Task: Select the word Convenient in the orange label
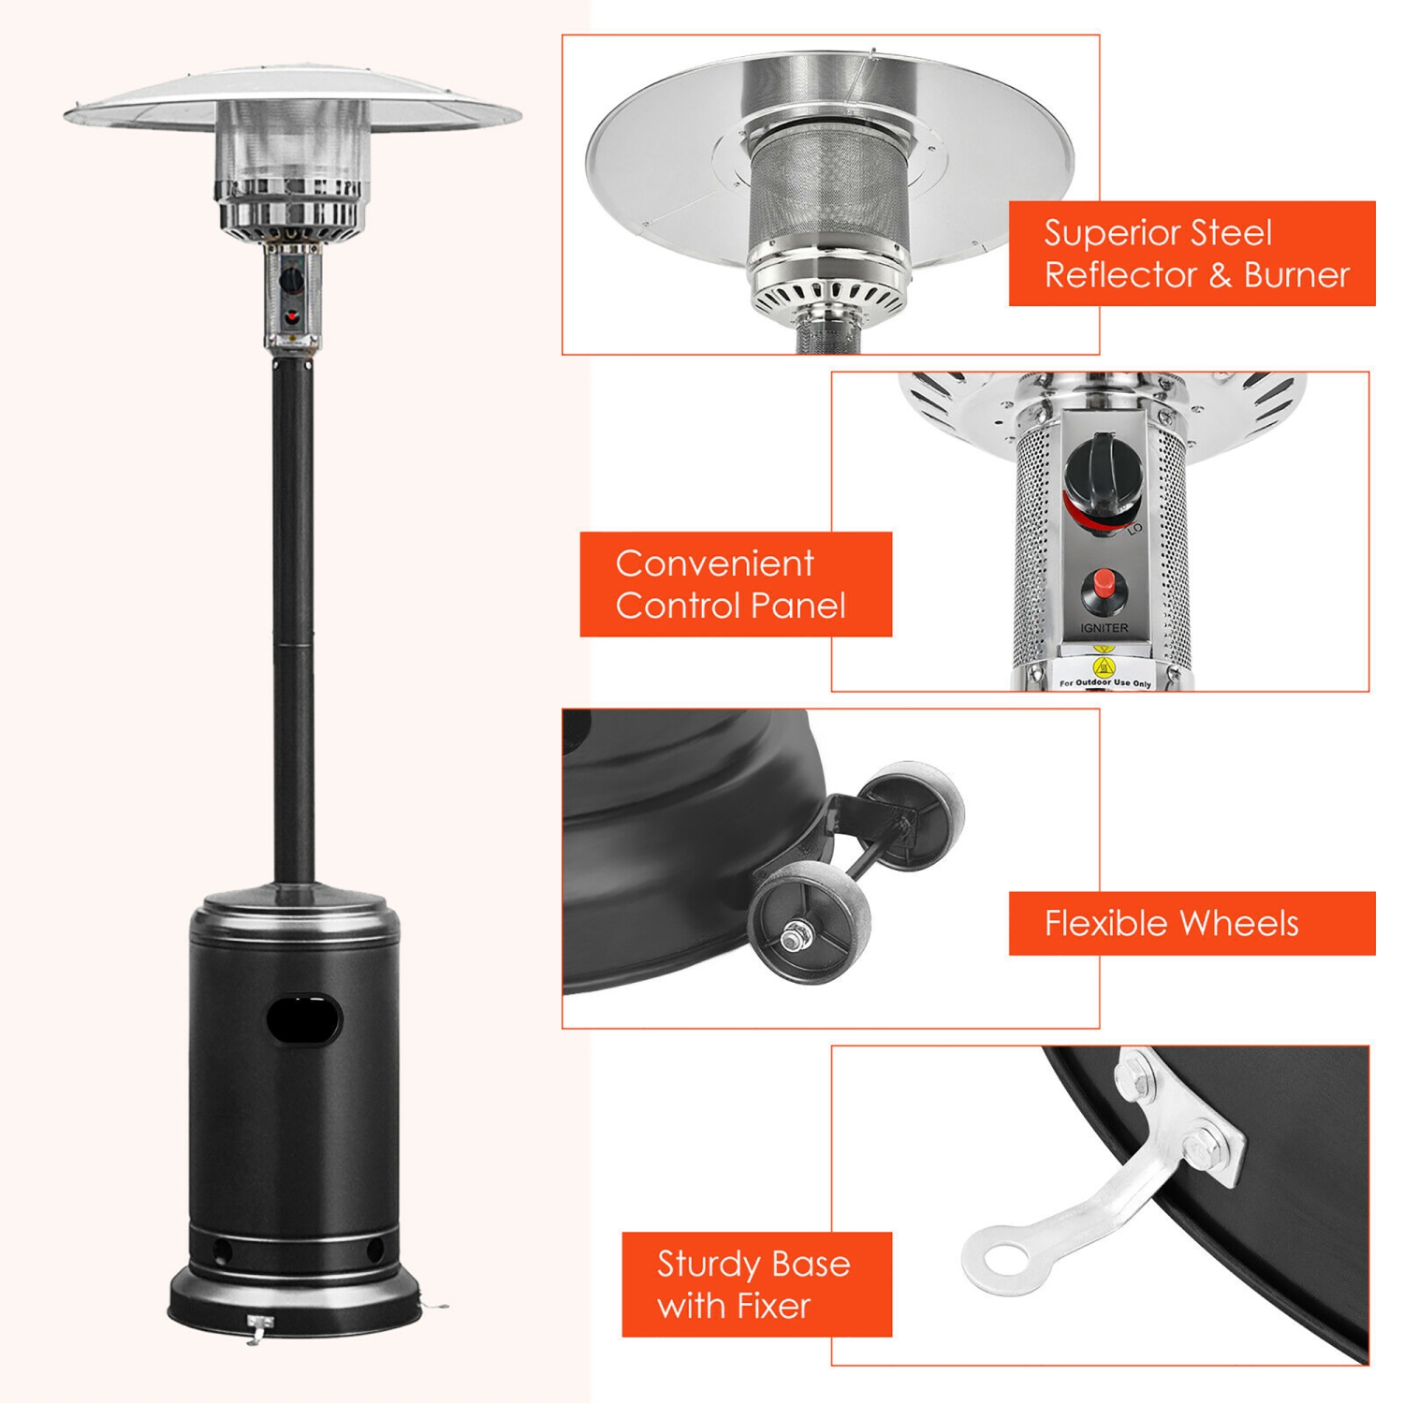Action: click(714, 563)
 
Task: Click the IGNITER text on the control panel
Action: click(1104, 628)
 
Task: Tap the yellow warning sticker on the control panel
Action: click(1104, 666)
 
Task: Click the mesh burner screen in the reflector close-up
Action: click(826, 197)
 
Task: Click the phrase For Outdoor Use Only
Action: click(1105, 684)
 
